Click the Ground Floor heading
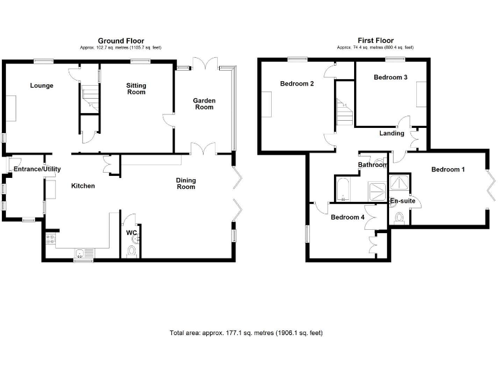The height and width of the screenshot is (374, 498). (x=121, y=40)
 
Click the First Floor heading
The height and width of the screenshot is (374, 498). (x=375, y=40)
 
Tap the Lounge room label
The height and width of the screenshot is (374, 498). (x=41, y=86)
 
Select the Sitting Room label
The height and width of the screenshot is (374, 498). (x=136, y=89)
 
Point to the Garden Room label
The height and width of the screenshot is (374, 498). (x=204, y=104)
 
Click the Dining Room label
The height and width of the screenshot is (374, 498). (x=186, y=184)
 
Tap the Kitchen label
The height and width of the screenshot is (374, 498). (x=83, y=186)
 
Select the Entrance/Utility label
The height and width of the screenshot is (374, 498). (x=38, y=169)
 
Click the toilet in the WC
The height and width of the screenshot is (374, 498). (x=132, y=250)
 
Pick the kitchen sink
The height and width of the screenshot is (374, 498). (x=81, y=253)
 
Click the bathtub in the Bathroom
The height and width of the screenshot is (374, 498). (x=342, y=189)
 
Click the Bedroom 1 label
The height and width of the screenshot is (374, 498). (x=448, y=170)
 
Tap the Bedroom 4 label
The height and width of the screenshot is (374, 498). (x=348, y=218)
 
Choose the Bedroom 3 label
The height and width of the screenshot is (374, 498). (x=390, y=78)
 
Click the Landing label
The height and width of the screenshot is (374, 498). (x=392, y=134)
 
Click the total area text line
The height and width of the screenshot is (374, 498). (x=246, y=333)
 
